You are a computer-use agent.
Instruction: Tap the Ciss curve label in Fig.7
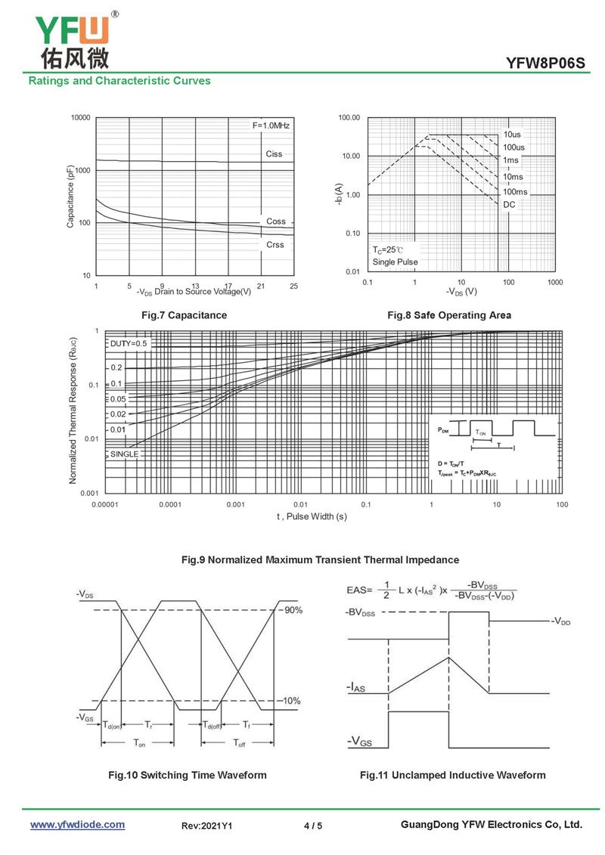[x=274, y=154]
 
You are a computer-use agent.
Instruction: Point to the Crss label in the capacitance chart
[x=275, y=245]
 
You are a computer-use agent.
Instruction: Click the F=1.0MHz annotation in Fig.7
[x=271, y=125]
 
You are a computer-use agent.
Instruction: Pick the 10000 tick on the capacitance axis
[x=80, y=118]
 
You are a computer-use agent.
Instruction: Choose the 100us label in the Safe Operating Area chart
[x=513, y=147]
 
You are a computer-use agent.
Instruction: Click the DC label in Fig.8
[x=509, y=204]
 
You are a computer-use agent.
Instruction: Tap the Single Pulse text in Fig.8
[x=395, y=262]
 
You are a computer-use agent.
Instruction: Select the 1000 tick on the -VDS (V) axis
[x=554, y=282]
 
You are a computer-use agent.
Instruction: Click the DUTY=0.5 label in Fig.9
[x=129, y=343]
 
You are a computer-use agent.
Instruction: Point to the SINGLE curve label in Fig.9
[x=124, y=454]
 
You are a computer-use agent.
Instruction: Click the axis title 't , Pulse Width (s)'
[x=312, y=516]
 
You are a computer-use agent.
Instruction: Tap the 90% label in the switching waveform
[x=293, y=610]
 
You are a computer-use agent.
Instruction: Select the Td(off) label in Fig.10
[x=212, y=725]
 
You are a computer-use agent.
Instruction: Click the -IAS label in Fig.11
[x=359, y=687]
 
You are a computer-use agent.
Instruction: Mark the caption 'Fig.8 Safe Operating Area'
[x=449, y=315]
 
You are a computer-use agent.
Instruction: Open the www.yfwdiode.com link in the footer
[x=77, y=825]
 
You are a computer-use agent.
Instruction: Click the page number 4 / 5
[x=312, y=826]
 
